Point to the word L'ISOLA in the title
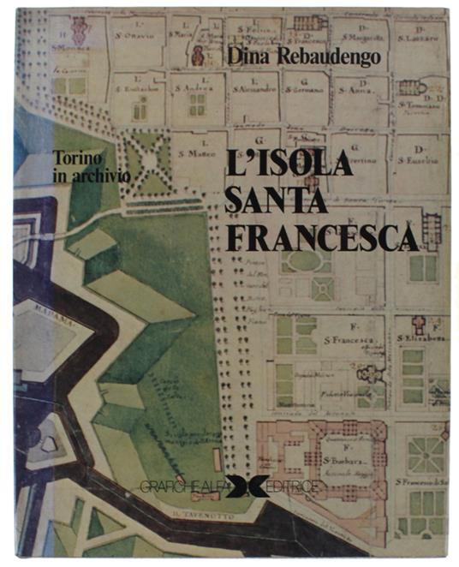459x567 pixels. coord(289,162)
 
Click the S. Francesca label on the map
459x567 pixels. coord(347,340)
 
